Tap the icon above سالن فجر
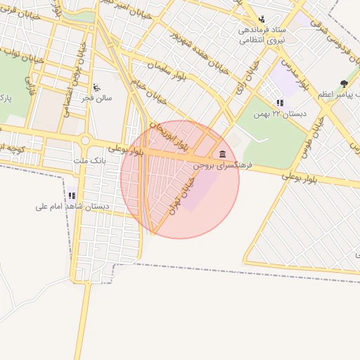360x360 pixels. click(x=96, y=88)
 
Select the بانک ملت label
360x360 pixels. click(x=89, y=160)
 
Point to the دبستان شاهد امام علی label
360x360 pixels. click(x=70, y=207)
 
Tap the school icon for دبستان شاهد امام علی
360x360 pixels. click(x=72, y=195)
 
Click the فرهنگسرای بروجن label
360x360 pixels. click(x=224, y=167)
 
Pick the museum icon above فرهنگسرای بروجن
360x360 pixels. click(x=223, y=154)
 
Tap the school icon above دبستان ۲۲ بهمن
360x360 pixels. click(x=281, y=103)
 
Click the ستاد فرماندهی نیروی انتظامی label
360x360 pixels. click(x=261, y=35)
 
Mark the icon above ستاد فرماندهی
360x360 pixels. click(x=262, y=19)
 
